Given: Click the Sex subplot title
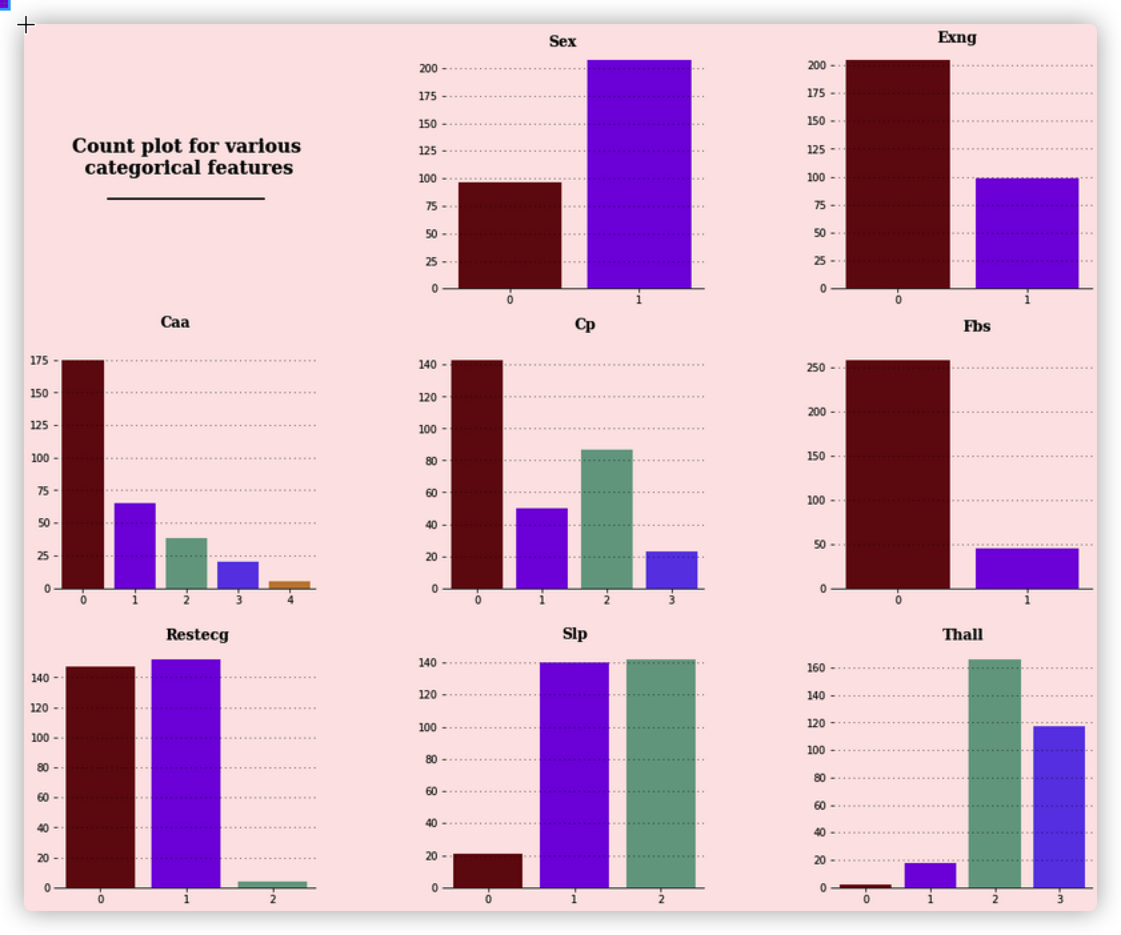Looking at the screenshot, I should point(562,41).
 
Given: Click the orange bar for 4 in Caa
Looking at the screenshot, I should point(290,585).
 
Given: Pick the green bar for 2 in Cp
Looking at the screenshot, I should point(606,519).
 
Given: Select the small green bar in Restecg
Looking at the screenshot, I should point(273,884).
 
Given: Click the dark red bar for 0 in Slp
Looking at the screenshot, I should point(488,870).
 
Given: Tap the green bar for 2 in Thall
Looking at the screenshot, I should point(994,773).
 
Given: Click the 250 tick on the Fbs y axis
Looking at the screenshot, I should point(817,368).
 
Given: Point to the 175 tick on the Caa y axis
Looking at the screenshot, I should point(39,360).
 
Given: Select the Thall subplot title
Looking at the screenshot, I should point(962,635).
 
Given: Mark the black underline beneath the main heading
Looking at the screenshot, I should point(186,198).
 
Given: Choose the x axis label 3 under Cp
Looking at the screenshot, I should point(671,600).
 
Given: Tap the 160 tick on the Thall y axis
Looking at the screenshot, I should point(817,668).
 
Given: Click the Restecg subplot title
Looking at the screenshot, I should point(197,635).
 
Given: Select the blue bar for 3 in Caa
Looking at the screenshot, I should point(238,575).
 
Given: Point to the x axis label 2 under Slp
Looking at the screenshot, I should point(660,899).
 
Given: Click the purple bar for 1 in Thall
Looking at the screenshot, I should point(930,875).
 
